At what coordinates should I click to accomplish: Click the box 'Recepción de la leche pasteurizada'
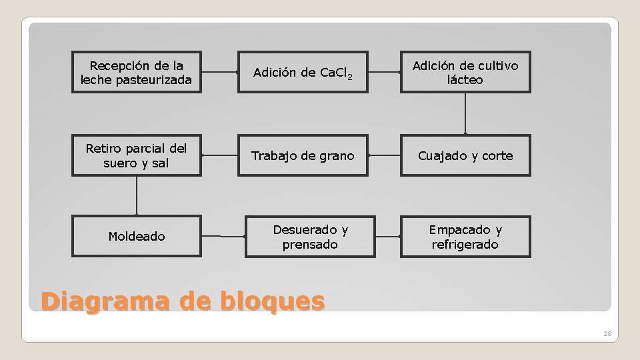pos(136,73)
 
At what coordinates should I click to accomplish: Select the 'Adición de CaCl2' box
pos(303,73)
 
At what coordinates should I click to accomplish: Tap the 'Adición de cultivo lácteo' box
pos(465,73)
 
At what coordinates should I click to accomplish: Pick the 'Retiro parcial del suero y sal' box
pos(136,156)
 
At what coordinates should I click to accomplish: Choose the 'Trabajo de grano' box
pos(303,156)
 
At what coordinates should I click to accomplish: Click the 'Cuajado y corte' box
pos(465,156)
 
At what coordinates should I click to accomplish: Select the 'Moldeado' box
pos(136,236)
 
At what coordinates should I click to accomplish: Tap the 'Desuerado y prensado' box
pos(310,236)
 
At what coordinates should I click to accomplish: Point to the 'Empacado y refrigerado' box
pos(465,237)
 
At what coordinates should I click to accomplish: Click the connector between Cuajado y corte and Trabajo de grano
pos(384,155)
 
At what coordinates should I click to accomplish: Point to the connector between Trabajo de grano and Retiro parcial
pos(220,155)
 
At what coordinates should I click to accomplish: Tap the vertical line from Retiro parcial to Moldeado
pos(137,195)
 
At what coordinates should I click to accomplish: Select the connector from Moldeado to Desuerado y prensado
pos(223,236)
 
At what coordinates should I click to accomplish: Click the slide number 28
pos(607,333)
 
